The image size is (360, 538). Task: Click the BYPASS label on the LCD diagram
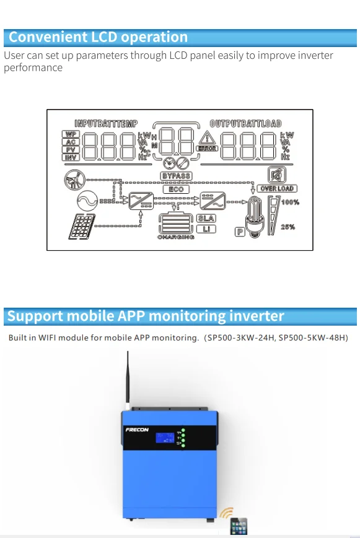click(x=176, y=176)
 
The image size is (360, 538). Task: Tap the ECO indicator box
click(x=176, y=189)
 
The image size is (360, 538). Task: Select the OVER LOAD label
click(x=277, y=188)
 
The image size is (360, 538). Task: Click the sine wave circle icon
click(x=86, y=201)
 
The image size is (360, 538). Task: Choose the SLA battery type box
click(x=206, y=218)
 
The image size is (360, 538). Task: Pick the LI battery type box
click(x=206, y=229)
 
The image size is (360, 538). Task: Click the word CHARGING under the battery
click(x=176, y=237)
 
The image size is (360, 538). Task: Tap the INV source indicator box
click(x=71, y=158)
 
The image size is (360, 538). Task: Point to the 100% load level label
click(x=290, y=202)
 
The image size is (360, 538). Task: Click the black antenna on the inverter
click(x=128, y=378)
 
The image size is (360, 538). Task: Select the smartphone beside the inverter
click(x=239, y=526)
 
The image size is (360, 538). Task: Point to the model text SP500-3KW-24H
click(x=242, y=338)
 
